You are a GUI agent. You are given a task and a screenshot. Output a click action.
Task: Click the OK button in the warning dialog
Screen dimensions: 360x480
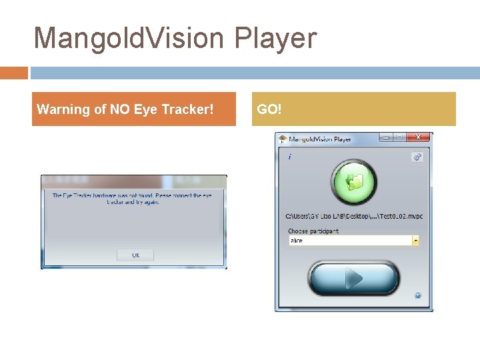[x=135, y=255]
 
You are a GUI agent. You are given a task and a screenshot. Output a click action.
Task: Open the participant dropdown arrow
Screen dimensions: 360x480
[x=416, y=241]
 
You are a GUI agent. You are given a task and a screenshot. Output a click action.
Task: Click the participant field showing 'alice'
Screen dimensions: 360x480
[x=349, y=241]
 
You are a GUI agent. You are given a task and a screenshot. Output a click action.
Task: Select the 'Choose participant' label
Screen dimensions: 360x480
[x=313, y=231]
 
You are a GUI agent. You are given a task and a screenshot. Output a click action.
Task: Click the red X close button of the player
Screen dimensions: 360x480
[x=418, y=137]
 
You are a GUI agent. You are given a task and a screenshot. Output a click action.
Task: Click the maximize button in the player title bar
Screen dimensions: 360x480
[x=400, y=137]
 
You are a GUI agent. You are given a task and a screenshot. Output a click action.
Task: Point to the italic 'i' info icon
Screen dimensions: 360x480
[x=289, y=157]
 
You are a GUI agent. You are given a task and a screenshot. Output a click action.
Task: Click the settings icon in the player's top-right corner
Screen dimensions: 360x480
[x=417, y=157]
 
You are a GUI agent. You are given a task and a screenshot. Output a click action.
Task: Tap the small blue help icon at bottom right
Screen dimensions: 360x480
[x=417, y=295]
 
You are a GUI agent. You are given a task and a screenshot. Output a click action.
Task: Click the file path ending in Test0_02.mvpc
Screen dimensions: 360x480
[x=354, y=216]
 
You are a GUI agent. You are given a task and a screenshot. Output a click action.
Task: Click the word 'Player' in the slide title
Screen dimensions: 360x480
[x=275, y=38]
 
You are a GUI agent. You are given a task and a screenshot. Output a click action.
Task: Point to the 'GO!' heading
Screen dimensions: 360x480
[x=269, y=109]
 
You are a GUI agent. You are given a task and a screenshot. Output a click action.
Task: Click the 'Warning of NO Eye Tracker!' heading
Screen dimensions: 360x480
[x=125, y=109]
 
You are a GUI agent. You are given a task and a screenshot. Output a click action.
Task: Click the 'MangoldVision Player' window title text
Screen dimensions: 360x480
[x=320, y=139]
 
